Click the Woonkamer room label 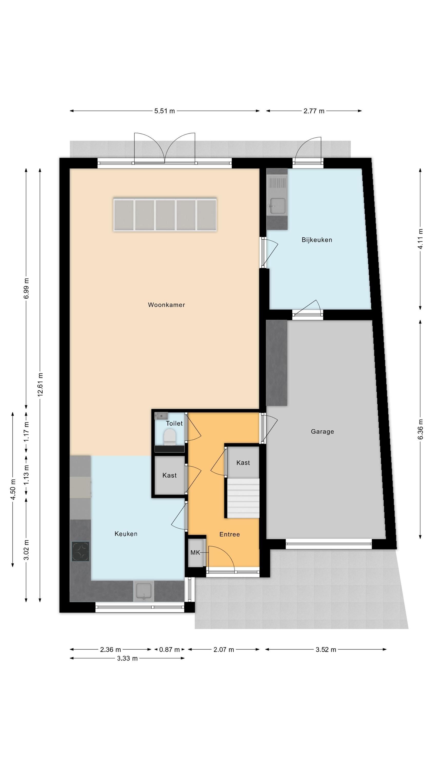point(166,305)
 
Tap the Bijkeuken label point(317,240)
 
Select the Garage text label point(322,431)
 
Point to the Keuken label point(126,534)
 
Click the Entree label point(229,534)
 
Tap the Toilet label point(174,423)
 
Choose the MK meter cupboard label point(195,553)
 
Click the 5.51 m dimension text point(164,111)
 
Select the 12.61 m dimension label point(40,385)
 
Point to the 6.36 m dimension point(420,430)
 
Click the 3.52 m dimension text point(326,650)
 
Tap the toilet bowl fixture point(170,437)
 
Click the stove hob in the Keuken point(80,551)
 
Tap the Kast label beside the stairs point(243,463)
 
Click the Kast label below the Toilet point(170,475)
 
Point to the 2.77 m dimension point(314,111)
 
